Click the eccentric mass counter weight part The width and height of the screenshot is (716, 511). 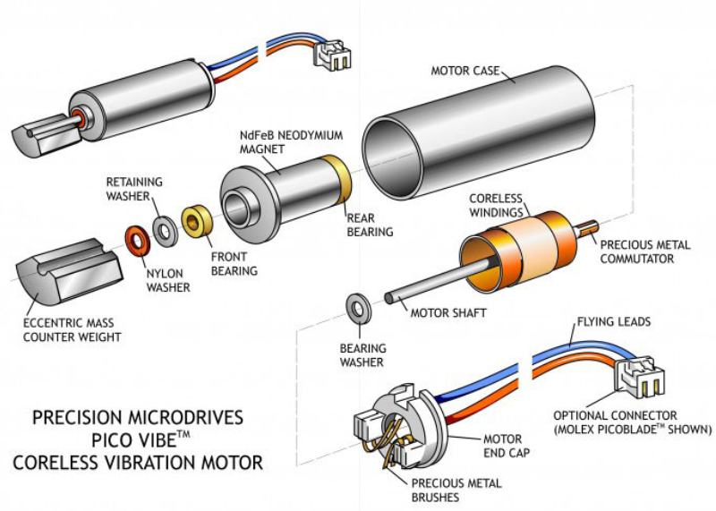click(x=67, y=269)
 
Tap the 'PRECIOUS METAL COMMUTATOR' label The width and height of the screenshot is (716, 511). click(x=644, y=251)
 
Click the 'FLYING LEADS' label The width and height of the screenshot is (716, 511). click(x=613, y=320)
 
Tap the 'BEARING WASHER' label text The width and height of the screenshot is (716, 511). click(x=362, y=355)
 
